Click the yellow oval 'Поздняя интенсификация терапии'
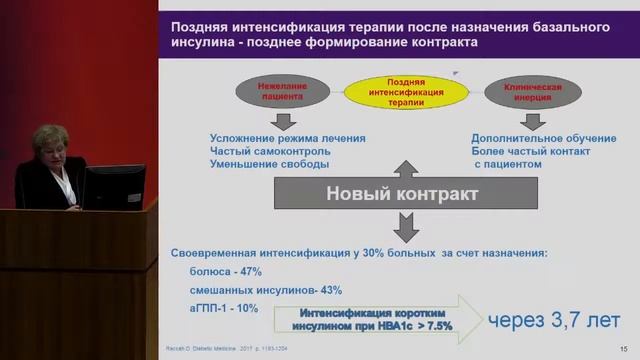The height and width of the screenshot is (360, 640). click(405, 94)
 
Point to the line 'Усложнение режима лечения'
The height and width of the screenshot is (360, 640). click(288, 138)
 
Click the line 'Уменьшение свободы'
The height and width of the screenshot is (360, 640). click(269, 164)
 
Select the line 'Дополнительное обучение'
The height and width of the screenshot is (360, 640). click(534, 138)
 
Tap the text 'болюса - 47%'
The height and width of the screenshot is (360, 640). click(225, 271)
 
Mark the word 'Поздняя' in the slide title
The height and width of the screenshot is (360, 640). click(200, 27)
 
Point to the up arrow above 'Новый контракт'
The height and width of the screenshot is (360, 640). click(405, 166)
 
